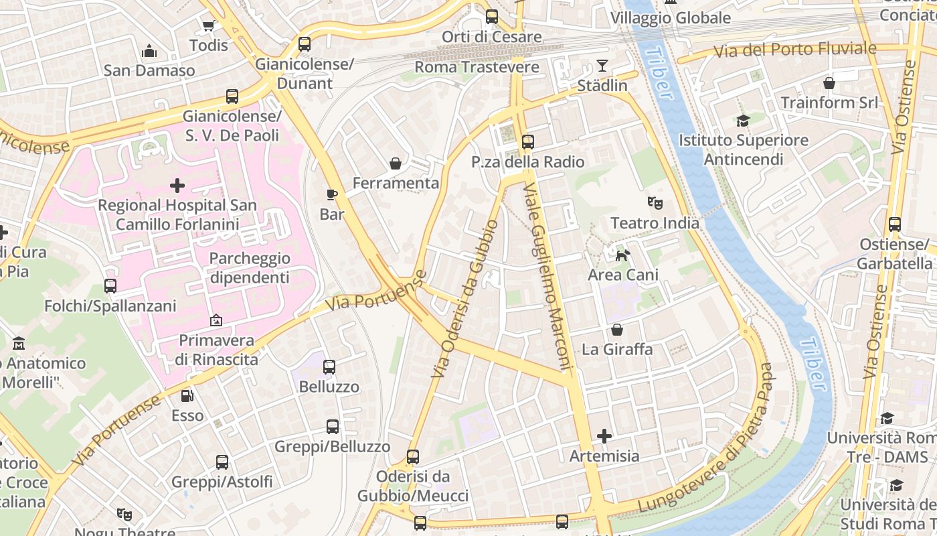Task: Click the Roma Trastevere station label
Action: point(477,67)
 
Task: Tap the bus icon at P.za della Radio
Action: point(528,141)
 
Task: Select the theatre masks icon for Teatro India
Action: point(654,202)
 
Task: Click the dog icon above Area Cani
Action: point(622,255)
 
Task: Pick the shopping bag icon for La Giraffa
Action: point(616,330)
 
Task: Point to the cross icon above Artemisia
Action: point(604,436)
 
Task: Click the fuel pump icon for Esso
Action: point(187,396)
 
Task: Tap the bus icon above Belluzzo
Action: point(329,367)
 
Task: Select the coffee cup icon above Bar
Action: point(331,194)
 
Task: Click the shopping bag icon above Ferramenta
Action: point(396,163)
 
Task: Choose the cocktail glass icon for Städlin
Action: point(602,66)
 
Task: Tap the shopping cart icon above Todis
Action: point(208,25)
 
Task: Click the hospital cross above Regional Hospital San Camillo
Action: point(177,184)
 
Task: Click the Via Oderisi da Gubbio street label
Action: point(465,299)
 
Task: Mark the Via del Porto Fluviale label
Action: point(794,49)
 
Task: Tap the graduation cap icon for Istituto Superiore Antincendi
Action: point(743,121)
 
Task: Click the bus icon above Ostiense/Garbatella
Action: point(895,224)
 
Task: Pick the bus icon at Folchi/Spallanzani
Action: point(110,286)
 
